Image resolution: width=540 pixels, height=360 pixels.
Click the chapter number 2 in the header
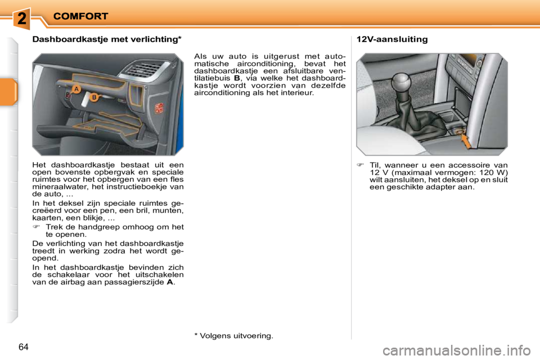tap(21, 17)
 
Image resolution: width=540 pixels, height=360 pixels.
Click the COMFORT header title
tap(80, 16)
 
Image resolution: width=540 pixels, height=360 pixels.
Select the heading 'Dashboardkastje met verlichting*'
tap(107, 39)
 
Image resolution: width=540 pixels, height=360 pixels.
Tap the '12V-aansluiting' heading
tap(392, 39)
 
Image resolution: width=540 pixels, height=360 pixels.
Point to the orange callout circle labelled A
tap(76, 88)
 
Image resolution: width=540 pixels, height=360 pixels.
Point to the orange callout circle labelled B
tap(94, 97)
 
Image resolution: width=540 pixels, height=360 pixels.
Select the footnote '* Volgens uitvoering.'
tap(233, 336)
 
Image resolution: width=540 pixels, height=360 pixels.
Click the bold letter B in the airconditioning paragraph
tap(237, 79)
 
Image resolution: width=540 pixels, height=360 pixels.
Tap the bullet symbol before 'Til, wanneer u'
tap(360, 165)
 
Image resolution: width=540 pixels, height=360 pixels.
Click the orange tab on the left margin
tap(9, 93)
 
